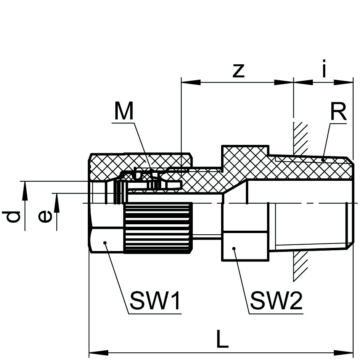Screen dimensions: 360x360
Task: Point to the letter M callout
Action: pyautogui.click(x=124, y=111)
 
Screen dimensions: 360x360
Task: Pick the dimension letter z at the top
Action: pyautogui.click(x=238, y=70)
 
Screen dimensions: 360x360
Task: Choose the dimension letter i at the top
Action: pyautogui.click(x=324, y=70)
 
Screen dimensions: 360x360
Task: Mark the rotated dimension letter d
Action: pyautogui.click(x=13, y=216)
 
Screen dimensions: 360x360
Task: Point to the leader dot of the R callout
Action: pyautogui.click(x=323, y=160)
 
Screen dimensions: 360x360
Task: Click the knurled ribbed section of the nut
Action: pyautogui.click(x=158, y=227)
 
